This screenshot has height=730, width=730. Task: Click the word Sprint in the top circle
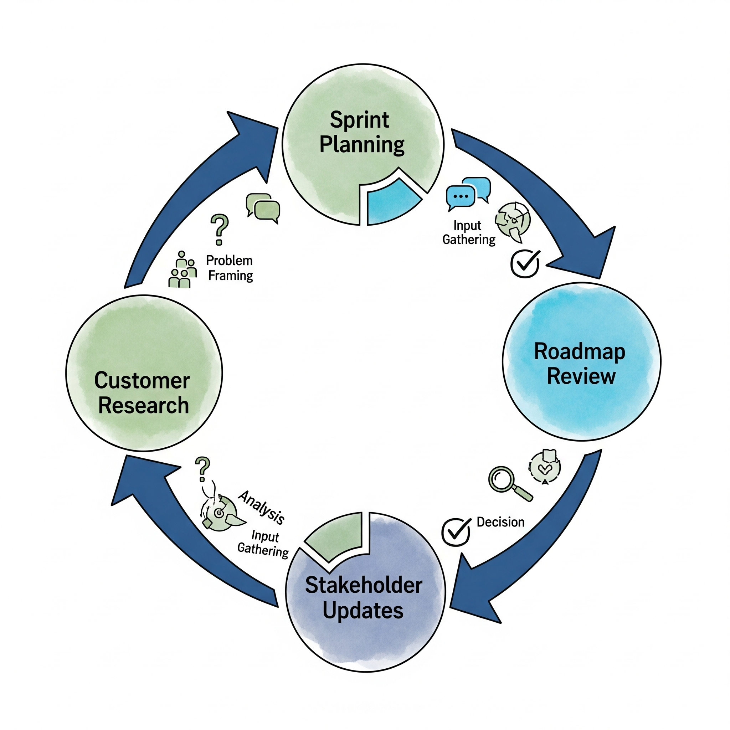point(359,120)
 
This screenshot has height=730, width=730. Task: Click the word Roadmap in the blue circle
point(579,352)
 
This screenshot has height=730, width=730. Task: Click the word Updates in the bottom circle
point(363,611)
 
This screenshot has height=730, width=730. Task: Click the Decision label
point(500,522)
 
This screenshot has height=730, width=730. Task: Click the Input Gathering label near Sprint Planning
point(468,233)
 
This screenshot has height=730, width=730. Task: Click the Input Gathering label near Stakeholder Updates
point(264,544)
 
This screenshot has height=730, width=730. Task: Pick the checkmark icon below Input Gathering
point(525,263)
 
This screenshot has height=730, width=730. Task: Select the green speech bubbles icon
point(263,207)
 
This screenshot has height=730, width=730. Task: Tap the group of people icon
point(182,270)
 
